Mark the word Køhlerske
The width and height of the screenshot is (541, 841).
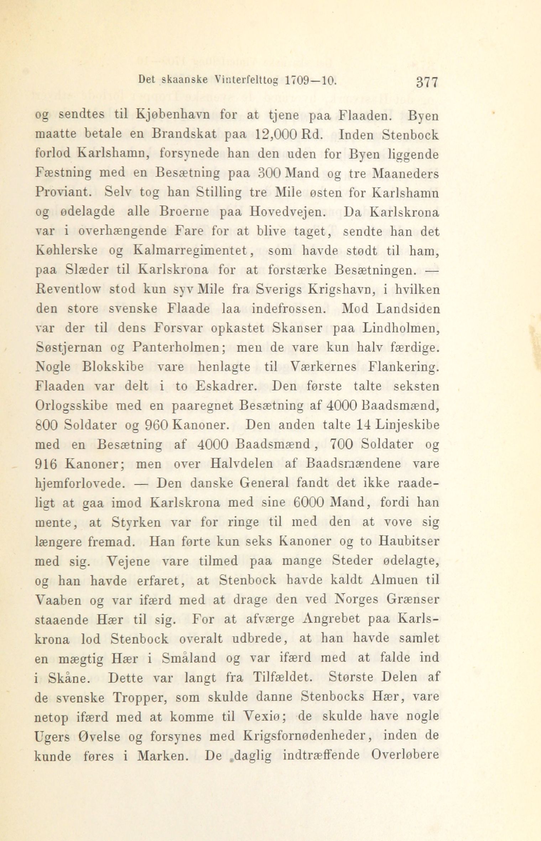click(67, 251)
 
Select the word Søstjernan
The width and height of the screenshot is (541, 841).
click(68, 348)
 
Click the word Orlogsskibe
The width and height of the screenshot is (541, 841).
click(72, 406)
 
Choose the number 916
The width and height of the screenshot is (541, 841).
click(47, 464)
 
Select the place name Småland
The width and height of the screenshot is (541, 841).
click(188, 657)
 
